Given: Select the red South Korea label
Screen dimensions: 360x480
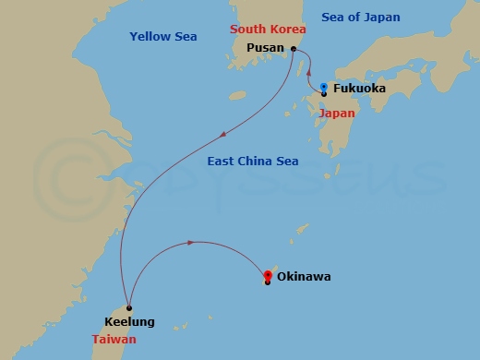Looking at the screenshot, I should click(267, 30).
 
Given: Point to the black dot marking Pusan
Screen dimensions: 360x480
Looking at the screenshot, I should click(293, 48).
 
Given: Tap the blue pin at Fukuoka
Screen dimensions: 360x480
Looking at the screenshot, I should click(324, 88).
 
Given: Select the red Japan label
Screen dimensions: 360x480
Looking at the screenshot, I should click(336, 113).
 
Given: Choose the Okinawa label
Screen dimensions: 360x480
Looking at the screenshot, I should click(303, 276).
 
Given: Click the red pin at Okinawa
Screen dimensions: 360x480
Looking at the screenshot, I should click(268, 275).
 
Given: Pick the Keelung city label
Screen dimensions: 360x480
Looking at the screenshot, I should click(129, 322).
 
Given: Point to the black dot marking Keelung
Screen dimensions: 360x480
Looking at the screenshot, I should click(129, 308).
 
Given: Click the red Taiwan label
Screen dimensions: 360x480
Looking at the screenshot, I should click(114, 340).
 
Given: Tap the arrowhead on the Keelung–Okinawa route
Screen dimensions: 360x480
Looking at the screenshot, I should click(190, 243).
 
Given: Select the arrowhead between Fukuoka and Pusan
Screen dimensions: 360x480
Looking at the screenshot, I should click(308, 72).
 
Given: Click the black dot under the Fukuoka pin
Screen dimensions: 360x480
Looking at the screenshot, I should click(324, 94).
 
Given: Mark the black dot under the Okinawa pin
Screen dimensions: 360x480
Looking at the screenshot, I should click(268, 282).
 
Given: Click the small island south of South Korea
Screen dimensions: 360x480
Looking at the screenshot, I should click(237, 95).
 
